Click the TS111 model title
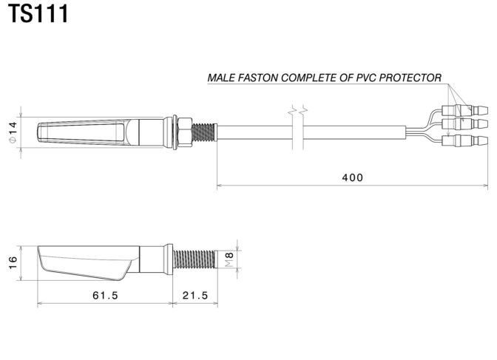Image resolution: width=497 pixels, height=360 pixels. coord(38,13)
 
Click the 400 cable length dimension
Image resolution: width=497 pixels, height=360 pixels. coord(353,177)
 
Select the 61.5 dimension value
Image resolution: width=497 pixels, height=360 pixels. coord(105,296)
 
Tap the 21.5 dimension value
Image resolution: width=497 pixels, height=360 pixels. coord(195,296)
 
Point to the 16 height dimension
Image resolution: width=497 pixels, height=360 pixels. coord(13,263)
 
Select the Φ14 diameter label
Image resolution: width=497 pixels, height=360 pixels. coord(13,132)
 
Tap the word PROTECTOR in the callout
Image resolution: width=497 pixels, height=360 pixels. coord(410,78)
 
